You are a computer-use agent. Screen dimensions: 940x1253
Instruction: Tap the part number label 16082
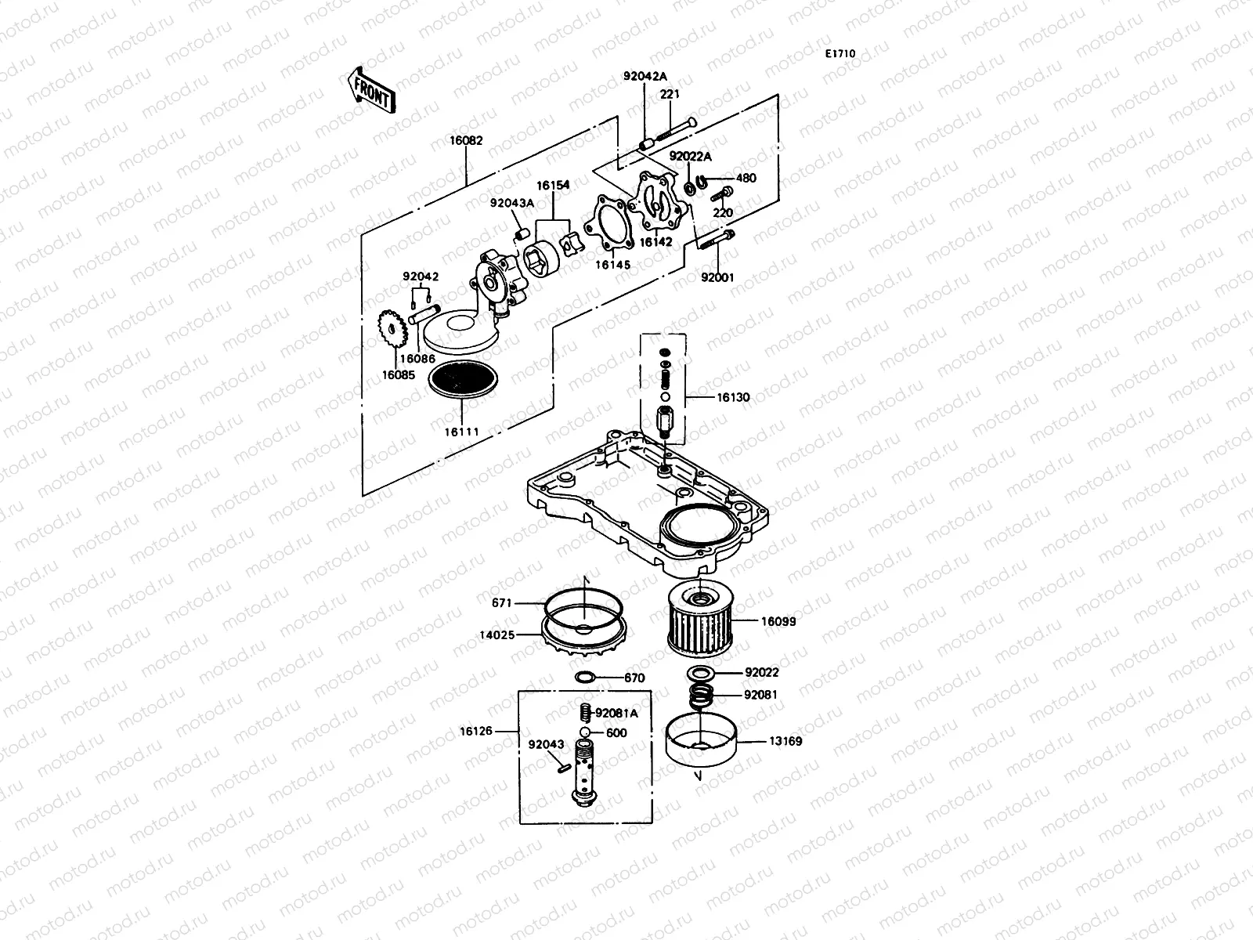(466, 141)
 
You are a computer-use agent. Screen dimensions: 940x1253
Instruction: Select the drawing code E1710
(840, 54)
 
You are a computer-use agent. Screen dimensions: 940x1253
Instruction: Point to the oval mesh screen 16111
(464, 382)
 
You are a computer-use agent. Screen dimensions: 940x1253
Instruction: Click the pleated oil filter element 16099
(702, 622)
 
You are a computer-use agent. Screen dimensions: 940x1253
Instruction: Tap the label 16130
(733, 397)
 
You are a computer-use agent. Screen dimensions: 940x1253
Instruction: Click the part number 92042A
(645, 76)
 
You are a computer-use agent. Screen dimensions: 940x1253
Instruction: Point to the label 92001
(717, 277)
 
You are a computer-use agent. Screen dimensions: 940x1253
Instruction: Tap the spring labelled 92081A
(583, 714)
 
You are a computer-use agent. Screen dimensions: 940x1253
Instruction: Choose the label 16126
(477, 731)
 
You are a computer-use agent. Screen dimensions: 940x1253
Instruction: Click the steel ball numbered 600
(585, 732)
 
